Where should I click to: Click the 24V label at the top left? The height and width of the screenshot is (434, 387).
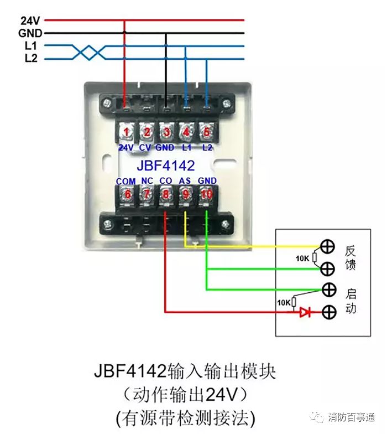point(29,20)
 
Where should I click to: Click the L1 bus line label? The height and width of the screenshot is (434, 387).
point(31,46)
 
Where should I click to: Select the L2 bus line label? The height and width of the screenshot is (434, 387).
point(31,58)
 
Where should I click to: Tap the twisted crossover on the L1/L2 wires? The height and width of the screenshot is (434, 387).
point(89,52)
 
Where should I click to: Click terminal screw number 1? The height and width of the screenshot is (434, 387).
point(127,132)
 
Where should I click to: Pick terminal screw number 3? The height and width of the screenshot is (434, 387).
point(166,132)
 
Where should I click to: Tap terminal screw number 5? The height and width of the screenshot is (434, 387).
point(206,132)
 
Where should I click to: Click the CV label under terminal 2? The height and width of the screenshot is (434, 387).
point(145,148)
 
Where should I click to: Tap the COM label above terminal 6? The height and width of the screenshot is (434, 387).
point(126,181)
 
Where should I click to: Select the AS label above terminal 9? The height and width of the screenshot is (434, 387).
point(185,181)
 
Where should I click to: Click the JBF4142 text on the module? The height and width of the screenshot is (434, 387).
point(166,165)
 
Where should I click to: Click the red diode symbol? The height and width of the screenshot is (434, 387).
point(305,312)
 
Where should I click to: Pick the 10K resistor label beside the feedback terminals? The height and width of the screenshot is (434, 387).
point(302,258)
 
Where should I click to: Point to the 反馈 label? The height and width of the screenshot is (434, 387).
point(351,258)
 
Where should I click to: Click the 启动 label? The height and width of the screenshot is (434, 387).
point(351,301)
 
